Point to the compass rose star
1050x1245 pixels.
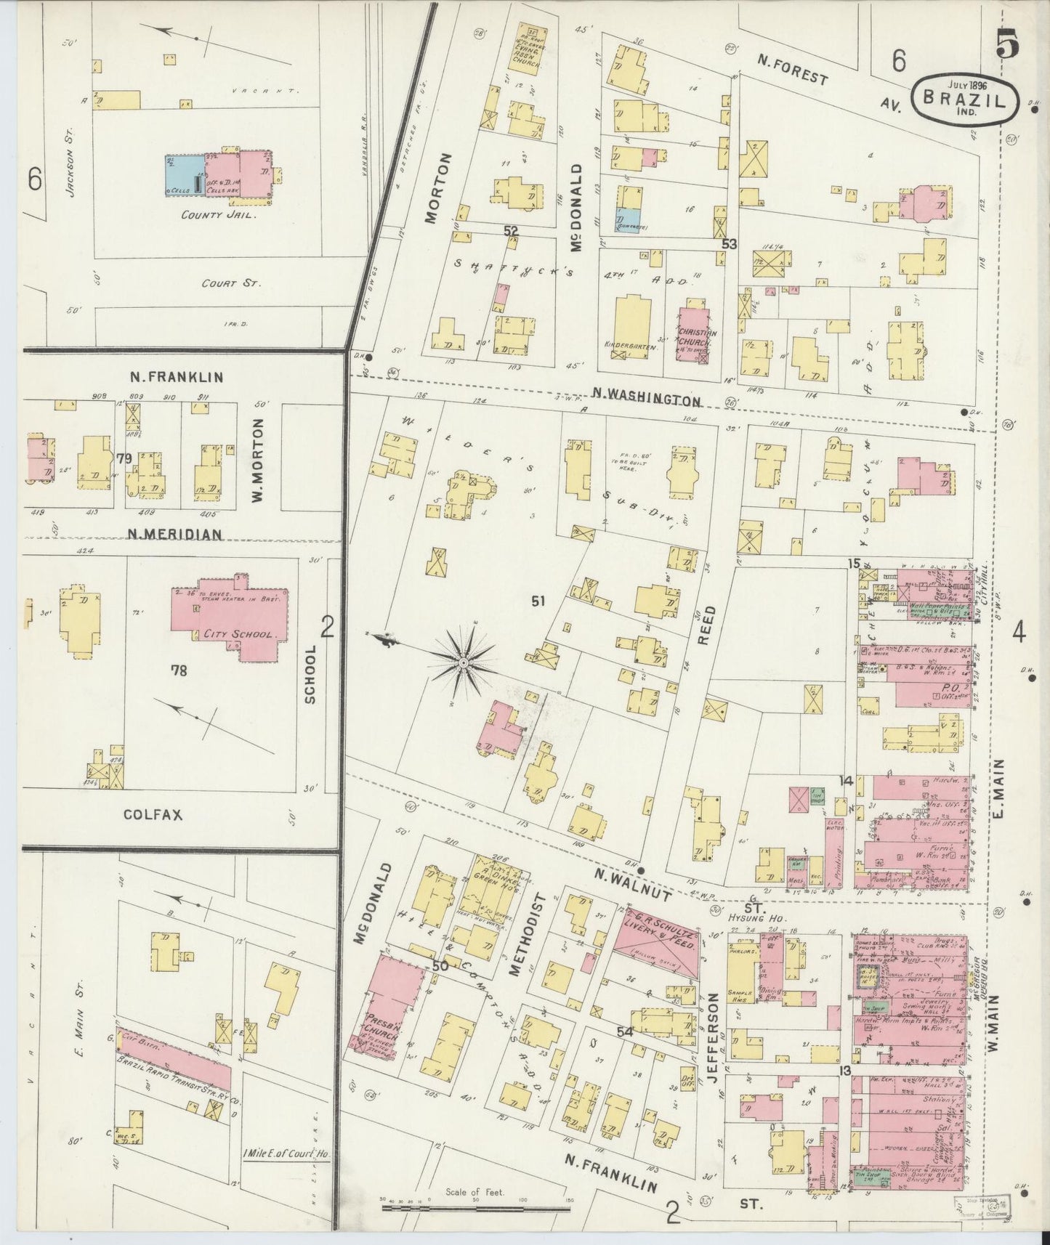tap(463, 662)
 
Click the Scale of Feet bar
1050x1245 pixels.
tap(477, 1208)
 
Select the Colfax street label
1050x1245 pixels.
tap(153, 815)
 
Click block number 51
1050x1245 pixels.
tap(538, 601)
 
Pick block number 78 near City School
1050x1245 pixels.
tap(178, 670)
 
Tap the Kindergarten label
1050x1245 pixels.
tap(630, 347)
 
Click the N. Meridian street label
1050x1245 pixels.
tap(174, 534)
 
